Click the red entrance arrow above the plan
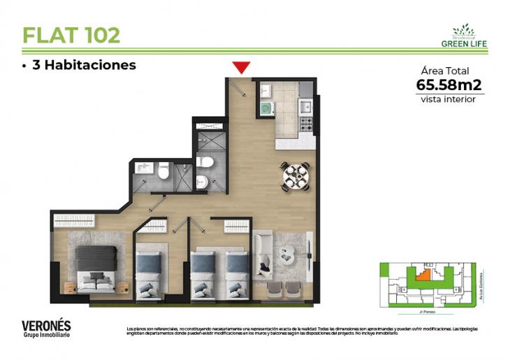click(x=242, y=67)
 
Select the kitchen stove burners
click(x=305, y=124)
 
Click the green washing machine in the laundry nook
click(x=265, y=109)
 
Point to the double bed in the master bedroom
click(x=94, y=268)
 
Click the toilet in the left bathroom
click(x=163, y=171)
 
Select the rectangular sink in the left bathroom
click(x=145, y=169)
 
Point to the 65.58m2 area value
click(x=449, y=85)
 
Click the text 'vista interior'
click(x=449, y=99)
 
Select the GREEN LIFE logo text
click(x=464, y=43)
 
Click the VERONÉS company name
click(x=46, y=325)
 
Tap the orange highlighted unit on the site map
click(x=422, y=275)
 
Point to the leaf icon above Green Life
click(x=463, y=29)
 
